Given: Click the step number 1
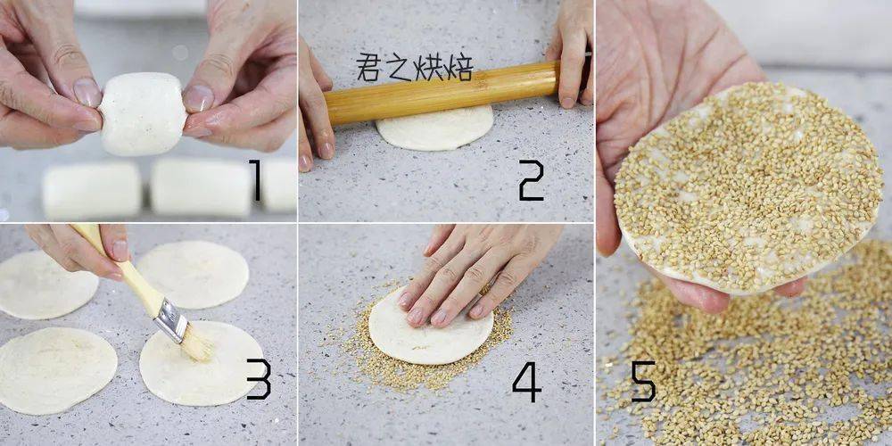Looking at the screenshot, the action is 255,180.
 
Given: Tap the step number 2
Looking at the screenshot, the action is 532,180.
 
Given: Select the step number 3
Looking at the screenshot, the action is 259,378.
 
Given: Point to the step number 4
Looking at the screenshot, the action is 527,382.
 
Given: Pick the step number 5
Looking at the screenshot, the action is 643,381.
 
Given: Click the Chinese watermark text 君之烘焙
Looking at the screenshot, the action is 416,68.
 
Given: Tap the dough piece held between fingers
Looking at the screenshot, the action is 142,114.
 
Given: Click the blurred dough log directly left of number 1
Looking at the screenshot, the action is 202,187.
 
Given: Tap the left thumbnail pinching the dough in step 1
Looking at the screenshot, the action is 87,92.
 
